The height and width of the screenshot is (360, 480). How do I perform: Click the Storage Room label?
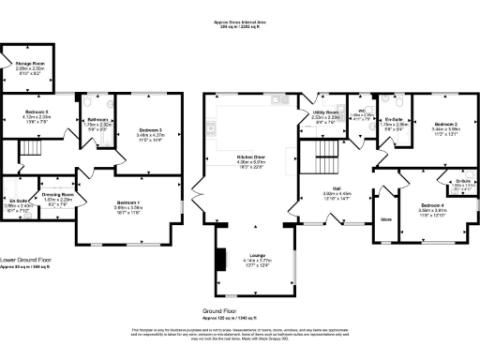pyautogui.click(x=28, y=63)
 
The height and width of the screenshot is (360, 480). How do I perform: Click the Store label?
pyautogui.click(x=385, y=218)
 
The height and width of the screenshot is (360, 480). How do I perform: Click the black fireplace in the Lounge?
pyautogui.click(x=221, y=258)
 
